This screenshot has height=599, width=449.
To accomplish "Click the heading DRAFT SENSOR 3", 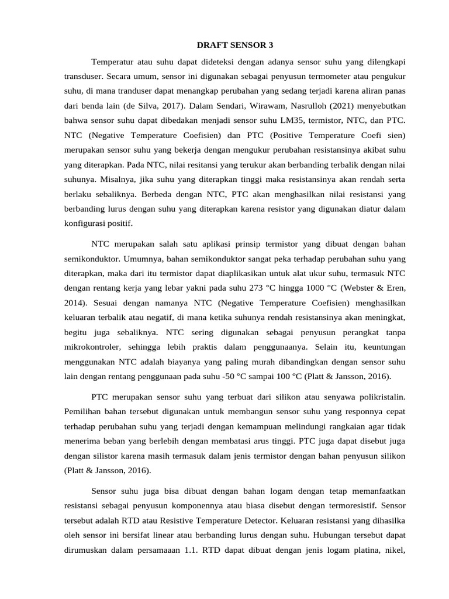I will tap(234, 45).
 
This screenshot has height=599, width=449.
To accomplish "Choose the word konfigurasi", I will tap(85, 223).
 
